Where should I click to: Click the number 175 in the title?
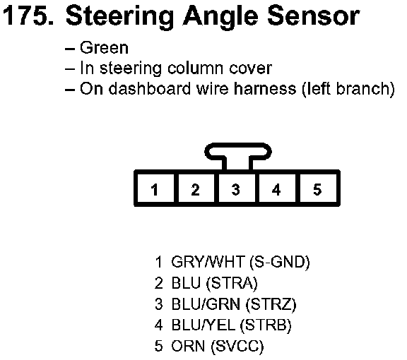pyautogui.click(x=28, y=16)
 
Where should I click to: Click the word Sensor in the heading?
pyautogui.click(x=314, y=16)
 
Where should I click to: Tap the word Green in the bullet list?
pyautogui.click(x=104, y=48)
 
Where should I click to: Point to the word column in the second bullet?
pyautogui.click(x=195, y=68)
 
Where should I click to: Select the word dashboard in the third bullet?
pyautogui.click(x=149, y=89)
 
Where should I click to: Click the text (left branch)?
pyautogui.click(x=348, y=89)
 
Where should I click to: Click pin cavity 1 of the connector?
pyautogui.click(x=155, y=188)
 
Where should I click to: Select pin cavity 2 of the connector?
pyautogui.click(x=196, y=188)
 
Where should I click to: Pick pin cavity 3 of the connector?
pyautogui.click(x=237, y=188)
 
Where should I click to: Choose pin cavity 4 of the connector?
pyautogui.click(x=277, y=188)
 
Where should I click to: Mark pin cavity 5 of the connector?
pyautogui.click(x=318, y=188)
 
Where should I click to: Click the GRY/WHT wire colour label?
pyautogui.click(x=208, y=261)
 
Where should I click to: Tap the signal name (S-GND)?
pyautogui.click(x=280, y=262)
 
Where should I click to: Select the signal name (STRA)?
pyautogui.click(x=232, y=283)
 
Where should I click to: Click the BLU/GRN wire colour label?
pyautogui.click(x=206, y=304)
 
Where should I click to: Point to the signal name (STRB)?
pyautogui.click(x=266, y=325)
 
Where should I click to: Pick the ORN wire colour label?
pyautogui.click(x=188, y=346)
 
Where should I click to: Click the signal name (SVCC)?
pyautogui.click(x=237, y=347)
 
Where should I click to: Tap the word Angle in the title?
pyautogui.click(x=220, y=17)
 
